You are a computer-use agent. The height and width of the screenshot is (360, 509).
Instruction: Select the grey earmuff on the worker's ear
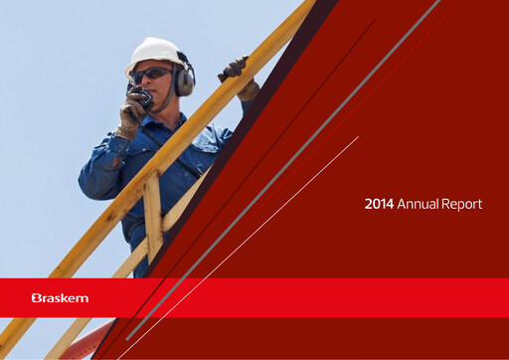click(x=184, y=80)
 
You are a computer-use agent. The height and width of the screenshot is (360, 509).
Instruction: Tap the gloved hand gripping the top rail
click(x=237, y=70)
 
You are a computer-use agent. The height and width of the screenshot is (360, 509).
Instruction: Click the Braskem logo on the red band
click(x=61, y=297)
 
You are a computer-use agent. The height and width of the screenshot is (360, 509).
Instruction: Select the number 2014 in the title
click(x=379, y=204)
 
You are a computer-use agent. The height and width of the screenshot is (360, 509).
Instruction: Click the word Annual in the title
click(x=419, y=204)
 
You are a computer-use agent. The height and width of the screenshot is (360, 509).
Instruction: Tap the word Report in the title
click(x=463, y=204)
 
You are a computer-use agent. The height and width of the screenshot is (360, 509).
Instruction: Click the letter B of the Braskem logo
click(x=36, y=297)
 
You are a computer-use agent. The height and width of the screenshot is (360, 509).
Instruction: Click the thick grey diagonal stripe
click(x=298, y=149)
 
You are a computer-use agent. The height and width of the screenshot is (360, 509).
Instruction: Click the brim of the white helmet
click(x=139, y=65)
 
